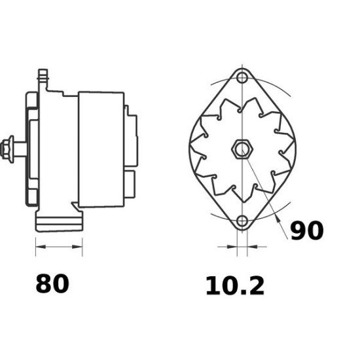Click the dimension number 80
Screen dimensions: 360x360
click(52, 283)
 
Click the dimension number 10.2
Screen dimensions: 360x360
click(235, 286)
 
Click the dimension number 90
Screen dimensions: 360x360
click(307, 230)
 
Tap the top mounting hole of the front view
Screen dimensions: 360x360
click(242, 77)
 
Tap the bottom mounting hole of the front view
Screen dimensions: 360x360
click(242, 221)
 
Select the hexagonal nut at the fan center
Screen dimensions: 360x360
click(242, 149)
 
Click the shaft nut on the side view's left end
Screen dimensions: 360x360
click(7, 149)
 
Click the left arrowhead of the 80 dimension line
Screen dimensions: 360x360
click(41, 247)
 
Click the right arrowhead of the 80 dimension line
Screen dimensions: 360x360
click(77, 247)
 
